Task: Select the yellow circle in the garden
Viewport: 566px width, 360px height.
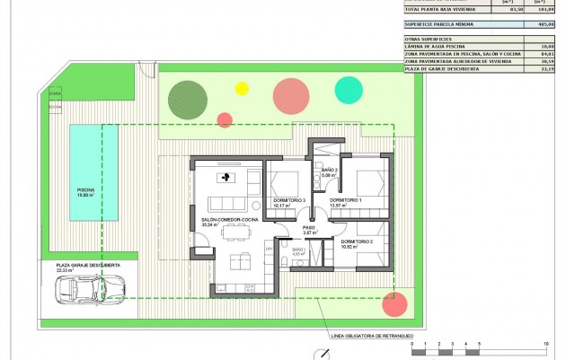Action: click(241, 88)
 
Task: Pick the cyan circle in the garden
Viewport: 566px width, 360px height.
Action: click(349, 89)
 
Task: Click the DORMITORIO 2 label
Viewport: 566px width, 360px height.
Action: click(358, 241)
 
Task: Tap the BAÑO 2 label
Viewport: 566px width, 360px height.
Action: click(329, 170)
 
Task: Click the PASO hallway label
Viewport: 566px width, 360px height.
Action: click(308, 227)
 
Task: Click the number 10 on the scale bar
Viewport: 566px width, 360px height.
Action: click(545, 344)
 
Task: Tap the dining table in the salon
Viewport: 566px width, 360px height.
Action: click(237, 231)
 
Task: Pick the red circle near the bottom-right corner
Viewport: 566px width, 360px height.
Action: click(393, 304)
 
